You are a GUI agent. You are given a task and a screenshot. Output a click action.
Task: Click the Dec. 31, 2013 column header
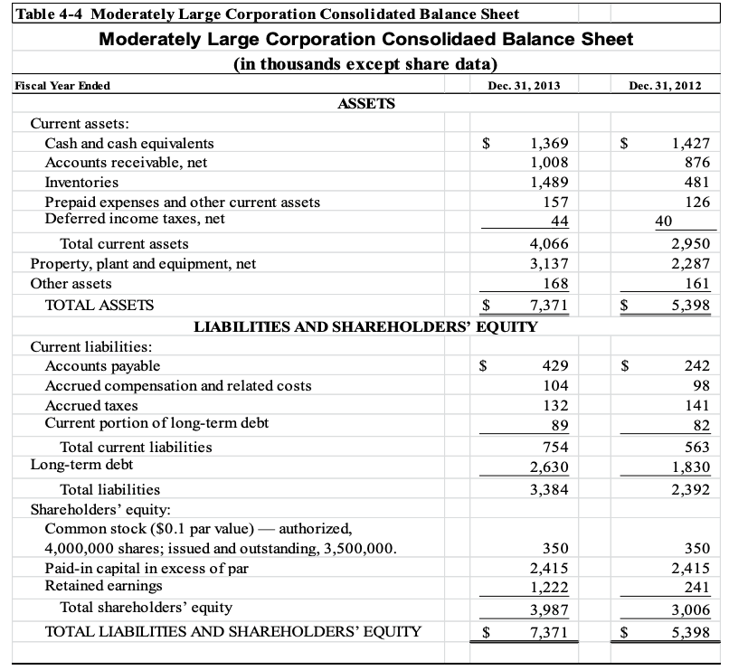[523, 85]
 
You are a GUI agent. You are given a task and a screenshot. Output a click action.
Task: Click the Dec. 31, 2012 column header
[666, 85]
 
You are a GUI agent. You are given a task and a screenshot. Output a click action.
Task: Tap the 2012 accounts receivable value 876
[697, 163]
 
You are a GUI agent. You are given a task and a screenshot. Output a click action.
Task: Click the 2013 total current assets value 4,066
[549, 244]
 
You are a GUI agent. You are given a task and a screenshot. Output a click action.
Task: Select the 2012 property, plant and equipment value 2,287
[692, 264]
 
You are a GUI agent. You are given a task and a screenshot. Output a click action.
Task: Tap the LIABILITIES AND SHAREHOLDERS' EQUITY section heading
[366, 326]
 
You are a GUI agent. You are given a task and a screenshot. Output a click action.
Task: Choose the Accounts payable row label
[102, 365]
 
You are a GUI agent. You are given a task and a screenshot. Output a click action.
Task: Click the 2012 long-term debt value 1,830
[692, 466]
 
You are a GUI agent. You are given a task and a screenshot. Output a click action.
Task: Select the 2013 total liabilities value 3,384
[549, 489]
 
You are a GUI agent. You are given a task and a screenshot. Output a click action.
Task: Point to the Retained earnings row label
[98, 586]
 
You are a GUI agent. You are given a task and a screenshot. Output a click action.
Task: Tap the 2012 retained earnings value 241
[697, 587]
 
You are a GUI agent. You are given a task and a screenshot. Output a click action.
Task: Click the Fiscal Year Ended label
[63, 85]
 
